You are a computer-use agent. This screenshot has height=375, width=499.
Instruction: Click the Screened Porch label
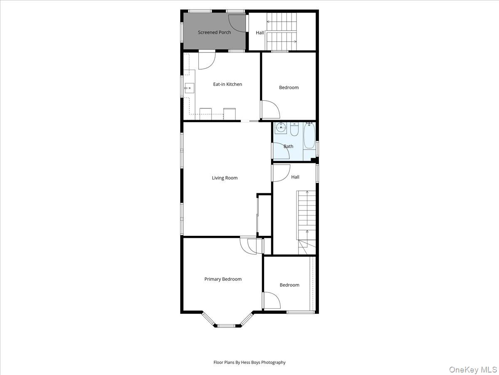[x=214, y=32]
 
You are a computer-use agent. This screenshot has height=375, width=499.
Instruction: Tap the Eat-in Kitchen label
[x=227, y=84]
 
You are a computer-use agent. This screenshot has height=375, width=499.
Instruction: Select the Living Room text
[x=225, y=178]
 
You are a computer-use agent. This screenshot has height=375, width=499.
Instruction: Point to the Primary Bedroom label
[x=223, y=279]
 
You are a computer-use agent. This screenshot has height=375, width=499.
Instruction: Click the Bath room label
[x=288, y=146]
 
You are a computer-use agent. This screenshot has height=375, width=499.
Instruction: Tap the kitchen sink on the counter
[x=189, y=88]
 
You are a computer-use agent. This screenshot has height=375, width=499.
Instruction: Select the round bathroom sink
[x=281, y=127]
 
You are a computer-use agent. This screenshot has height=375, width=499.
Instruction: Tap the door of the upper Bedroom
[x=271, y=110]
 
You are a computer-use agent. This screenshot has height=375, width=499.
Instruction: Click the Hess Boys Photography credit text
[x=249, y=362]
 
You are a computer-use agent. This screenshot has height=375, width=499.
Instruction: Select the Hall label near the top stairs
[x=260, y=32]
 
